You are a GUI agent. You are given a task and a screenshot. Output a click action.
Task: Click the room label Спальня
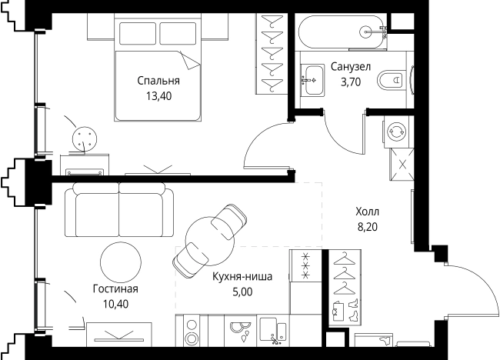pyautogui.click(x=158, y=81)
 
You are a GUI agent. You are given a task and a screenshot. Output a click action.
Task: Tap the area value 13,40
pyautogui.click(x=158, y=96)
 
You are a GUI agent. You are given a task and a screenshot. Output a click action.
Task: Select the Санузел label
pyautogui.click(x=351, y=67)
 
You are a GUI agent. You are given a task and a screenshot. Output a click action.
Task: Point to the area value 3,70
pyautogui.click(x=351, y=82)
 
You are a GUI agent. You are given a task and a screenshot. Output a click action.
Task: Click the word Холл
pyautogui.click(x=368, y=212)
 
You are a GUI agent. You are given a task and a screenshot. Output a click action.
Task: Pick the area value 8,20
pyautogui.click(x=368, y=227)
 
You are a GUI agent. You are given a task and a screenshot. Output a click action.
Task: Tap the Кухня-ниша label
pyautogui.click(x=242, y=276)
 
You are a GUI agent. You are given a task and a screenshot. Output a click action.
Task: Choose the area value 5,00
pyautogui.click(x=242, y=292)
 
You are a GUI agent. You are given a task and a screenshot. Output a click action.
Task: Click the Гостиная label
pyautogui.click(x=115, y=289)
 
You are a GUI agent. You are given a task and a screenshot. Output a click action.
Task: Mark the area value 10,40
pyautogui.click(x=115, y=304)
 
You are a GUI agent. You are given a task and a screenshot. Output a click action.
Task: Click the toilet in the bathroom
pyautogui.click(x=390, y=80)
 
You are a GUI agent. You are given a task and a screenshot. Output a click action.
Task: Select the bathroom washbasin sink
pyautogui.click(x=313, y=80)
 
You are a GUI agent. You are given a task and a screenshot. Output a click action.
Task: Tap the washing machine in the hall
pyautogui.click(x=395, y=132)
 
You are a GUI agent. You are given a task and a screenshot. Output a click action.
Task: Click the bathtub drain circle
pyautogui.click(x=366, y=32)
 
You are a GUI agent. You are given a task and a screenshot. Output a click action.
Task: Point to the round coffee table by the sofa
pyautogui.click(x=121, y=262)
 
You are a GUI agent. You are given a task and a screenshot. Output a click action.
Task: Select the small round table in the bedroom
pyautogui.click(x=84, y=138)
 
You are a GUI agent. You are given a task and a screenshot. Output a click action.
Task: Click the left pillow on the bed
pyautogui.click(x=138, y=33)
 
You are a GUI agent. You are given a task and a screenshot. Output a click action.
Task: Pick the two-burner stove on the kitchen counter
pyautogui.click(x=192, y=331)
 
